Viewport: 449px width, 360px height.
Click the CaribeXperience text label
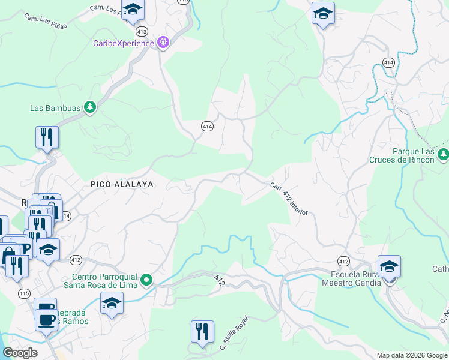click(124, 43)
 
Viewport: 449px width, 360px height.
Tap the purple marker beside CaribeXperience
click(163, 43)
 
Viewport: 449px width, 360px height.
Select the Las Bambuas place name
click(56, 108)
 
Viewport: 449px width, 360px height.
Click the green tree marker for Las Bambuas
click(90, 107)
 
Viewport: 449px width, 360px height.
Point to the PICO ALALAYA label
click(122, 184)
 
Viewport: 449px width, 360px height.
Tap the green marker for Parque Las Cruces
click(443, 155)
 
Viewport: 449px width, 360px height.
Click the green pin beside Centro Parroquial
click(146, 280)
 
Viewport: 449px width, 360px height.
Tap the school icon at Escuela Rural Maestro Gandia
click(389, 266)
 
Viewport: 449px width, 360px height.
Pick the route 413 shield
click(142, 31)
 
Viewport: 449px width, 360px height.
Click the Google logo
click(20, 353)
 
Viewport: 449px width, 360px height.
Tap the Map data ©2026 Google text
click(412, 355)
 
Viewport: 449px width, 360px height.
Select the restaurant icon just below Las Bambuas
click(46, 137)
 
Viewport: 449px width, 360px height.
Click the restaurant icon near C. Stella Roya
click(202, 332)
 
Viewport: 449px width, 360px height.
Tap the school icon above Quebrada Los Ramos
click(112, 304)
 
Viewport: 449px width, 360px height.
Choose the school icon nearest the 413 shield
click(133, 9)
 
